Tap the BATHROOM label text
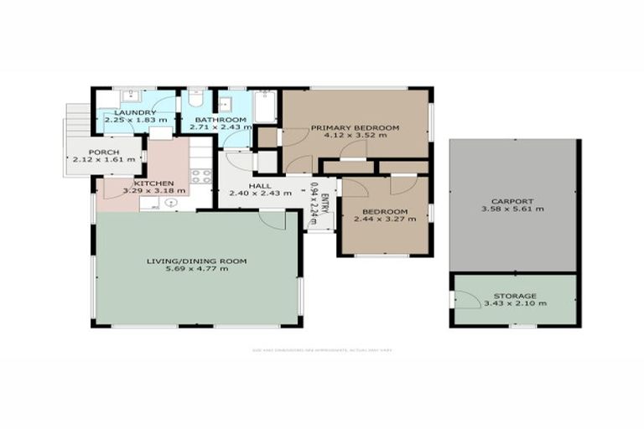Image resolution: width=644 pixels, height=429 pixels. pyautogui.click(x=221, y=121)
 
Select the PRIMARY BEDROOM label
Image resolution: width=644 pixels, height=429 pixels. pyautogui.click(x=355, y=127)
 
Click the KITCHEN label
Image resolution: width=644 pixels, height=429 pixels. pyautogui.click(x=154, y=183)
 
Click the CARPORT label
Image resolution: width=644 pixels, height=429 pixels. pyautogui.click(x=513, y=202)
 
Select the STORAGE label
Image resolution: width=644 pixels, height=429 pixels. pyautogui.click(x=515, y=296)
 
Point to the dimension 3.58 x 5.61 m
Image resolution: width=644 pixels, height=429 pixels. pyautogui.click(x=513, y=210)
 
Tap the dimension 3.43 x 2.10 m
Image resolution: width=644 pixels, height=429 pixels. pyautogui.click(x=515, y=303)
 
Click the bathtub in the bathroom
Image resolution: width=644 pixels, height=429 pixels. pyautogui.click(x=264, y=106)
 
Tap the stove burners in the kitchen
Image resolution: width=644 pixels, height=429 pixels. pyautogui.click(x=200, y=176)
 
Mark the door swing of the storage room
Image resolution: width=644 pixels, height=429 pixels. pyautogui.click(x=463, y=297)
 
